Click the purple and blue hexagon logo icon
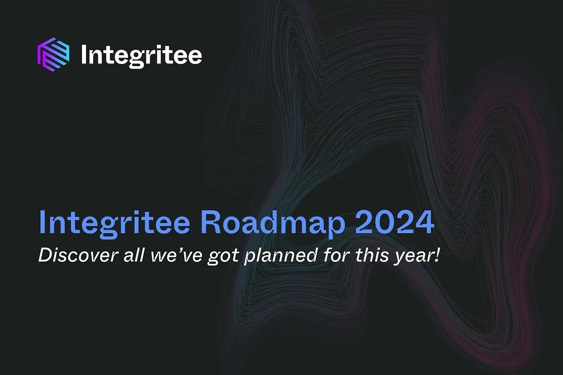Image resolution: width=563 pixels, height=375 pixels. tap(53, 54)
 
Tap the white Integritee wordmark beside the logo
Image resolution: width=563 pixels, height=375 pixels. tap(141, 55)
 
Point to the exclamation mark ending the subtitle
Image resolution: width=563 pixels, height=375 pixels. tap(437, 255)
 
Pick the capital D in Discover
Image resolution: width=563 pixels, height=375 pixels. tap(45, 255)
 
